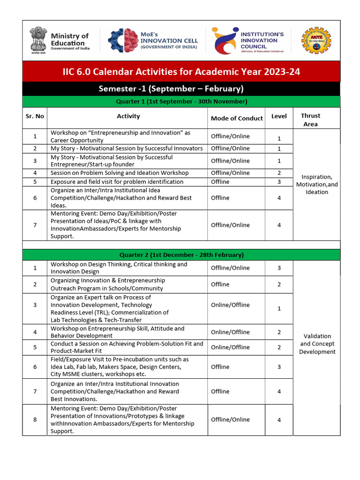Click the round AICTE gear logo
coord(316,41)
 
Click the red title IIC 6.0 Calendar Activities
coord(181,72)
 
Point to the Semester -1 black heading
coord(171,89)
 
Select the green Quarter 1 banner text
coord(181,102)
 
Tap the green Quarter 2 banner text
coord(181,255)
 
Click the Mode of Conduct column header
coord(236,118)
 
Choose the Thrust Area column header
coord(310,120)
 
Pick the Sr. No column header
coord(35,116)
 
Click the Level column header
coord(279,116)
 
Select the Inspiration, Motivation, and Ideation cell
coord(317,184)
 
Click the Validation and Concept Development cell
coord(317,344)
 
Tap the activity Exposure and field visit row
coord(117,181)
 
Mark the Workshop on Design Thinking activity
coord(119,268)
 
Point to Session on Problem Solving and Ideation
coord(120,173)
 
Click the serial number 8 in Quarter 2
coord(35,420)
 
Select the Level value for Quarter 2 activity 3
coord(279,309)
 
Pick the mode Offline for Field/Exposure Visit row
coord(220,367)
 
